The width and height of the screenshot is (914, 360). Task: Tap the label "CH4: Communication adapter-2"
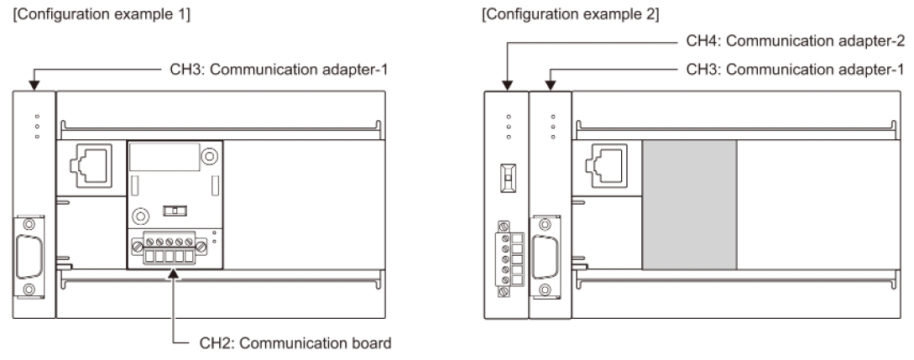point(796,41)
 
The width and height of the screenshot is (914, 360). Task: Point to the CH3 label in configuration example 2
point(796,70)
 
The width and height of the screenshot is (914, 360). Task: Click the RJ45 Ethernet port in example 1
point(91,166)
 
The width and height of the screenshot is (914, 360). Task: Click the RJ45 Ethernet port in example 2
point(607,166)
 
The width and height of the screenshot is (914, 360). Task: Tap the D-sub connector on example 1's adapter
point(29,257)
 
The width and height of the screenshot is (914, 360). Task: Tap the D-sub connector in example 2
point(545,257)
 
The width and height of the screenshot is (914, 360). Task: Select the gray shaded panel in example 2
point(690,205)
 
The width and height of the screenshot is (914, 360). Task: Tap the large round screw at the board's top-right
point(209,156)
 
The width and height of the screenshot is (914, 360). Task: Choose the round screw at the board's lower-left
point(140,217)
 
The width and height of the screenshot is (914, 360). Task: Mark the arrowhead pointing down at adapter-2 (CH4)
point(507,86)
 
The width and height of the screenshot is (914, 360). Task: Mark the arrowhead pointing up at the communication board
point(174,274)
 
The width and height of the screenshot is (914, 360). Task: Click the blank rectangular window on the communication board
point(165,156)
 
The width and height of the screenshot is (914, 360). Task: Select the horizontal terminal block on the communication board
point(170,248)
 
